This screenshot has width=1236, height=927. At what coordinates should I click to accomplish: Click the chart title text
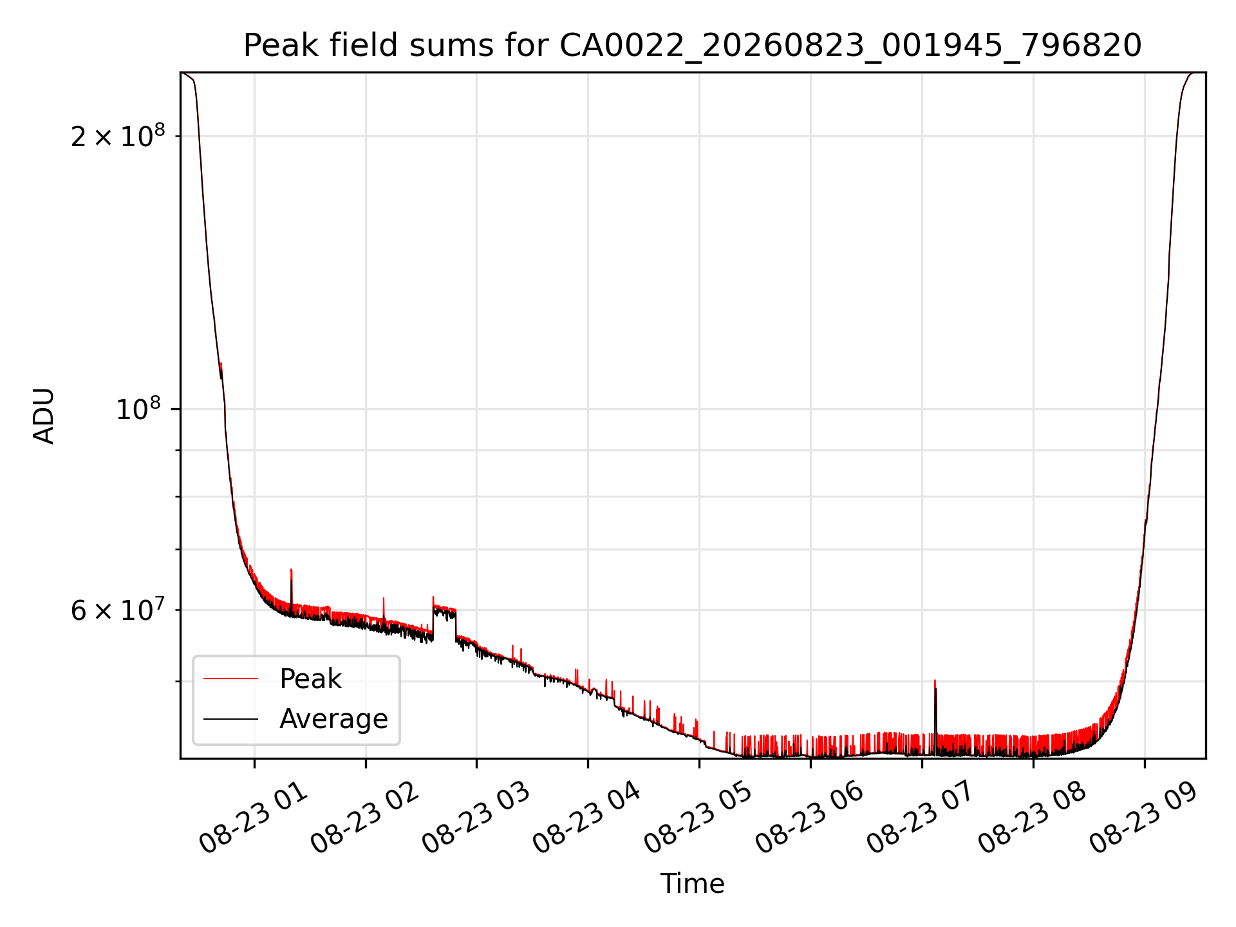pyautogui.click(x=692, y=46)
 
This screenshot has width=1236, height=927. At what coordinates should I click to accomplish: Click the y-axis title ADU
pyautogui.click(x=44, y=416)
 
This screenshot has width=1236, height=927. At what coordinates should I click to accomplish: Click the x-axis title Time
pyautogui.click(x=692, y=884)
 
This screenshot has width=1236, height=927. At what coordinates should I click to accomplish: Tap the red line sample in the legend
pyautogui.click(x=231, y=679)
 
